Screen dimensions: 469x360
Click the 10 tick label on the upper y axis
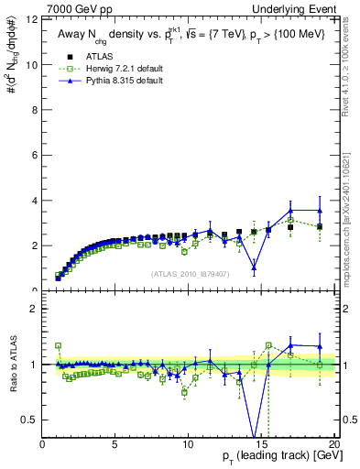tap(33, 64)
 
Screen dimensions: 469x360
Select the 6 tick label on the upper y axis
tap(35, 155)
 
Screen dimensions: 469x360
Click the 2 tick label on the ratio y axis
tap(35, 309)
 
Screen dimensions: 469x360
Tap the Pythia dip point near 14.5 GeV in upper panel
tap(254, 267)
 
